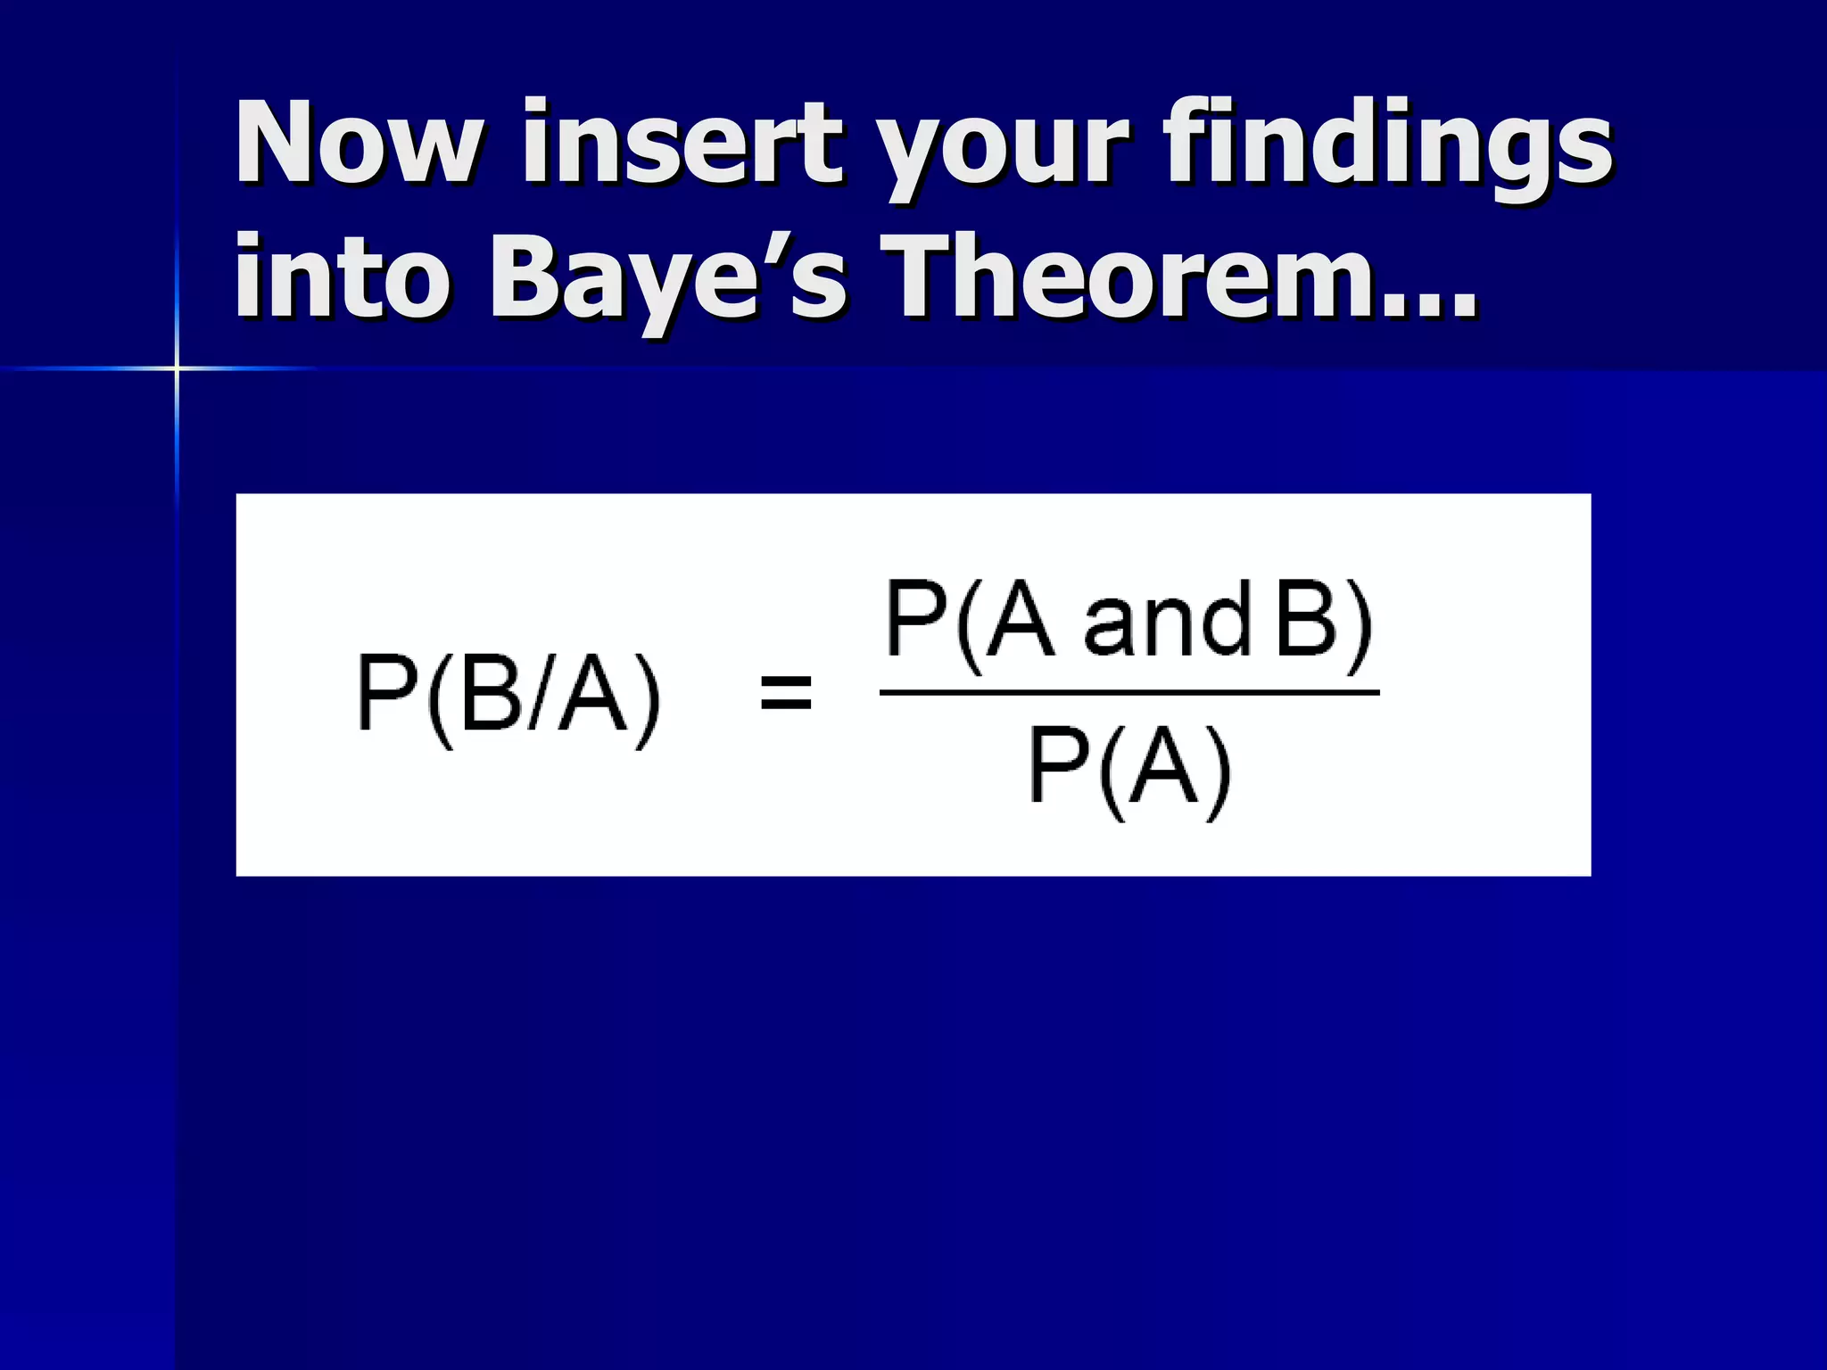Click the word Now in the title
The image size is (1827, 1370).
click(x=358, y=143)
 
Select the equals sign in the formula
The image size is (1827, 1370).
click(x=786, y=693)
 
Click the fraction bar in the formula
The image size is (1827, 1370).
click(x=1129, y=692)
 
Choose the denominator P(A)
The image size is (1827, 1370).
click(x=1129, y=767)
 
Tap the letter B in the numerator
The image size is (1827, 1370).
click(x=1308, y=619)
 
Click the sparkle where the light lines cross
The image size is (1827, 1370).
click(x=177, y=367)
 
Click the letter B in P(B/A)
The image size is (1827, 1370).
click(x=492, y=694)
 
